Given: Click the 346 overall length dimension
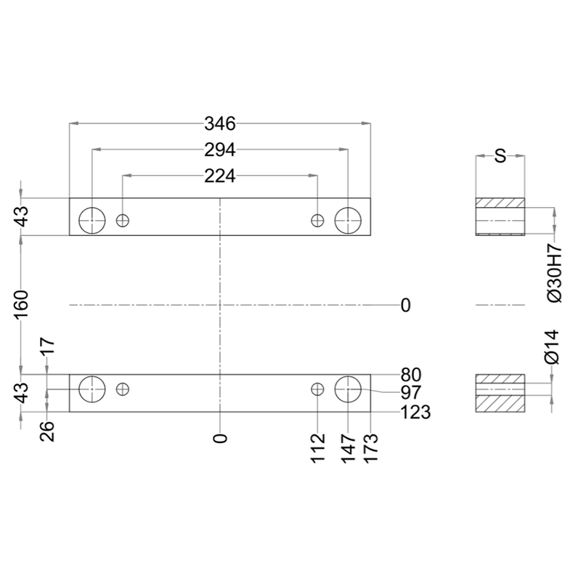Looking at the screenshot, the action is point(220,123).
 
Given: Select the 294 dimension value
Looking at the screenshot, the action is point(220,150).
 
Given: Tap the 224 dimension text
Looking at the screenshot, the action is point(220,176).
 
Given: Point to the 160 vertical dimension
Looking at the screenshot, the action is point(22,304).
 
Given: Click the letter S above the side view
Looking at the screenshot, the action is point(500,156).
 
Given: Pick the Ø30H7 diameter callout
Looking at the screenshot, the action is point(554,273).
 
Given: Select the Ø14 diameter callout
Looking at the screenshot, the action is point(552,346).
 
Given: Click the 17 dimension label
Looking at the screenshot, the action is point(47,346).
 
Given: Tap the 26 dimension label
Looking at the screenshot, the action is point(47,431).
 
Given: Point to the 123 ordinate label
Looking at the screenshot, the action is point(415,412).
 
